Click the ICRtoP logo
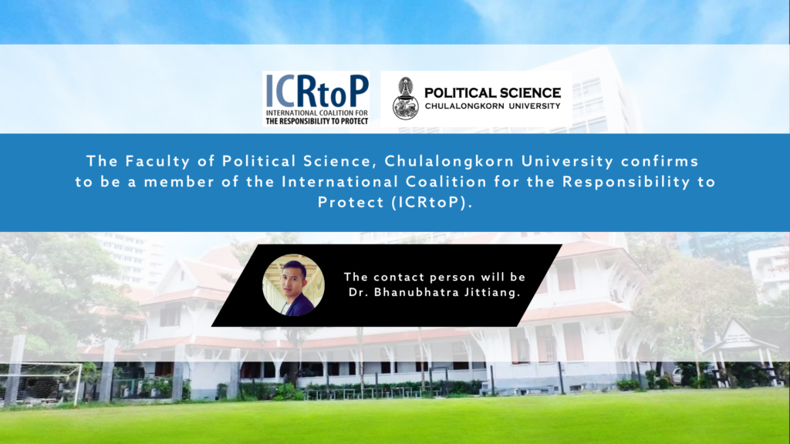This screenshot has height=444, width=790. point(316,98)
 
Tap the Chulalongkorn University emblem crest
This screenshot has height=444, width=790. point(406,98)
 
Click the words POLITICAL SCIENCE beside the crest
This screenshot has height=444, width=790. point(492,93)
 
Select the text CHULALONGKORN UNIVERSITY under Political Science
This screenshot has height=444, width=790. point(492,106)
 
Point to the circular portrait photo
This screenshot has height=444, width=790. point(293,285)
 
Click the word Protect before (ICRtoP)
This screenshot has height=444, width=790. point(351,203)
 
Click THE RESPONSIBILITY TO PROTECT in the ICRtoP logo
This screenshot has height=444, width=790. point(317,121)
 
